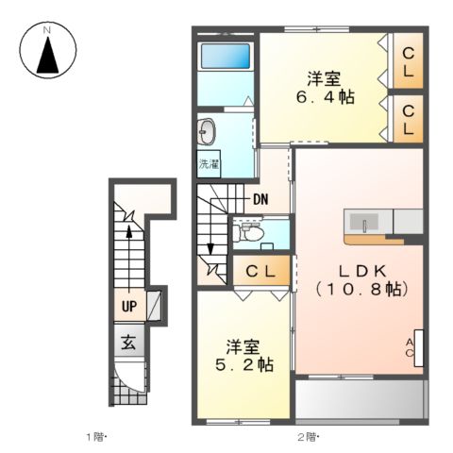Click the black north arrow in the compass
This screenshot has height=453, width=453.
pyautogui.click(x=48, y=57)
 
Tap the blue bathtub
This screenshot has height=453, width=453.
pyautogui.click(x=226, y=56)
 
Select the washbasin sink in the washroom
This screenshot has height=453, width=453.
pyautogui.click(x=207, y=131)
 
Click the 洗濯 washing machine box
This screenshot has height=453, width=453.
pyautogui.click(x=209, y=164)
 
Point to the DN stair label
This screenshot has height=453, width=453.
pyautogui.click(x=260, y=199)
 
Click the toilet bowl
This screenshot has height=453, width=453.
pyautogui.click(x=249, y=233)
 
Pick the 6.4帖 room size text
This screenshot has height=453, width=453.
pyautogui.click(x=325, y=96)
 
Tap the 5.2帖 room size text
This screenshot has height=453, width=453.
pyautogui.click(x=244, y=365)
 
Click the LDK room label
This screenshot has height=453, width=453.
pyautogui.click(x=361, y=271)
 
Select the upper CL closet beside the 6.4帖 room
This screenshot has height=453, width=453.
pyautogui.click(x=408, y=61)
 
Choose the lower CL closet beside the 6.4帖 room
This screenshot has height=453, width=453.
pyautogui.click(x=408, y=119)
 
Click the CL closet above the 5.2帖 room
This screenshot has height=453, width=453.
pyautogui.click(x=261, y=271)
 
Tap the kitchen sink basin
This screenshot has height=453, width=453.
pyautogui.click(x=364, y=223)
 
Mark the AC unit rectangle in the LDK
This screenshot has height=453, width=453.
pyautogui.click(x=419, y=348)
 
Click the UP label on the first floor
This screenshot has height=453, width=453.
pyautogui.click(x=129, y=306)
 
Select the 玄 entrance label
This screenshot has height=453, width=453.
pyautogui.click(x=129, y=343)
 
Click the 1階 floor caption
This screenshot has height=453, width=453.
pyautogui.click(x=97, y=437)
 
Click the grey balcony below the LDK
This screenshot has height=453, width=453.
pyautogui.click(x=360, y=399)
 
